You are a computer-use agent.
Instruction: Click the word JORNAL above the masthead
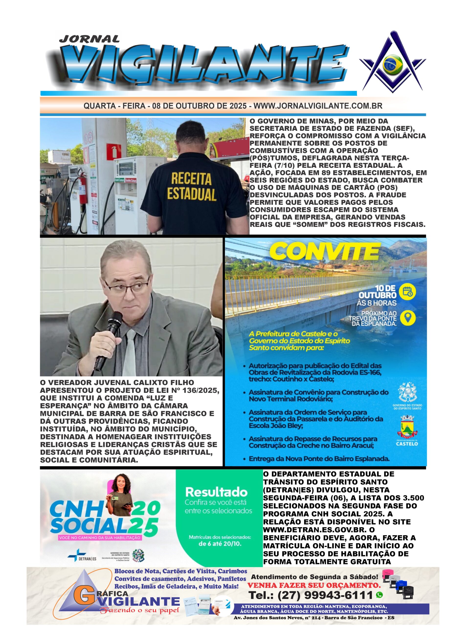tap(89, 39)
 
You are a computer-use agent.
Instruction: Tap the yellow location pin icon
tap(407, 318)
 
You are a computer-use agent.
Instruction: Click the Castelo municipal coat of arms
tap(407, 426)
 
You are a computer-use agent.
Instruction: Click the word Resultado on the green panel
tap(216, 492)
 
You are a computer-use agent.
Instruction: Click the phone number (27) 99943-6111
tap(325, 595)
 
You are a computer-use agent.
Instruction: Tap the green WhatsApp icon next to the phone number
tap(379, 595)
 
